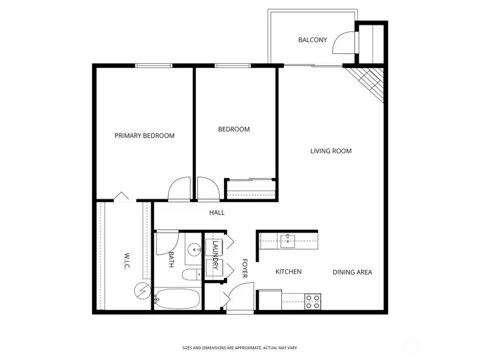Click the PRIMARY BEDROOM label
click(144, 135)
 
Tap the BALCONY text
click(312, 40)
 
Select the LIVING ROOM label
click(331, 151)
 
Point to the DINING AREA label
click(352, 272)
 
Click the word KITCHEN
click(289, 272)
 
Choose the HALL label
click(217, 213)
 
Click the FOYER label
click(245, 268)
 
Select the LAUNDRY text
click(215, 255)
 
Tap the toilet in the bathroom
click(189, 275)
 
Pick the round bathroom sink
click(194, 250)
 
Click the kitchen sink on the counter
click(289, 239)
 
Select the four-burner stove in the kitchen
click(312, 301)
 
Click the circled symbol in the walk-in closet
click(143, 290)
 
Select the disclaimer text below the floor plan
click(240, 348)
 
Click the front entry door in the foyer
click(239, 295)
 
